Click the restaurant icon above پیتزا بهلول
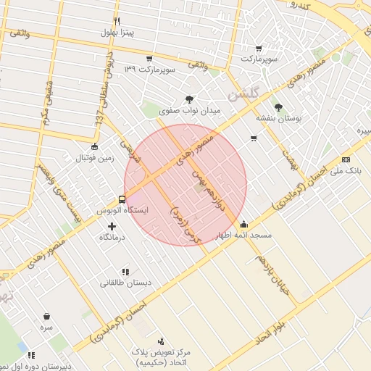117,21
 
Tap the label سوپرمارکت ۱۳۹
151,69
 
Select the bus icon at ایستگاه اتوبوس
122,199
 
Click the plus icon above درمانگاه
112,226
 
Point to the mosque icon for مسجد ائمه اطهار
243,224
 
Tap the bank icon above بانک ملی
346,159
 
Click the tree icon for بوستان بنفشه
279,107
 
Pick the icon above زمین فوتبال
86,146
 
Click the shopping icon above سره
47,316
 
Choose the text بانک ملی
345,170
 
